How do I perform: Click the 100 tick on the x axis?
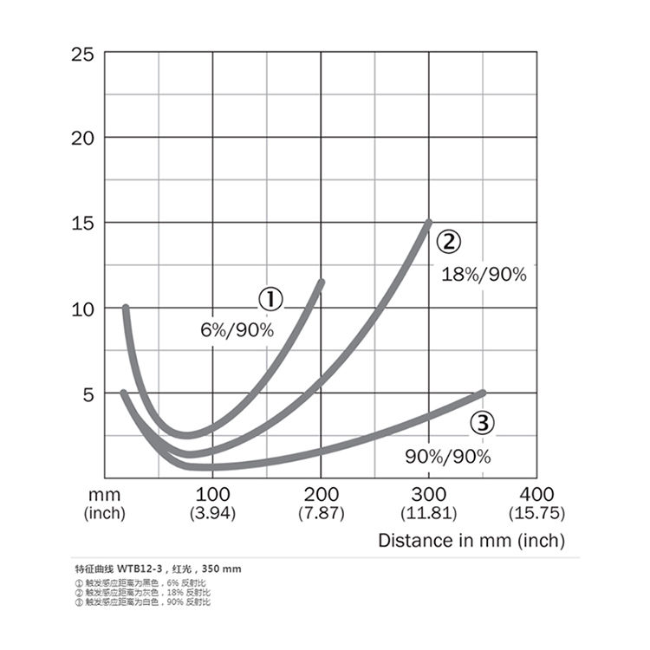coord(212,495)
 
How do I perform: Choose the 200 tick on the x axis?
coord(321,495)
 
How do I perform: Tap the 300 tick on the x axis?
coord(429,495)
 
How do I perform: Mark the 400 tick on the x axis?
coord(537,495)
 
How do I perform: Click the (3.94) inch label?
coord(212,513)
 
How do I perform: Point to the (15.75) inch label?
coord(537,513)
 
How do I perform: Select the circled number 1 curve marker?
coord(271,300)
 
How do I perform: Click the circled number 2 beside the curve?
coord(447,241)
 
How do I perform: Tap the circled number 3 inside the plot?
coord(482,423)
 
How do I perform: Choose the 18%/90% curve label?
coord(484,275)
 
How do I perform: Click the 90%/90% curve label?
coord(448,457)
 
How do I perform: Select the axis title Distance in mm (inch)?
coord(471,541)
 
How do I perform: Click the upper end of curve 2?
coord(428,223)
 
